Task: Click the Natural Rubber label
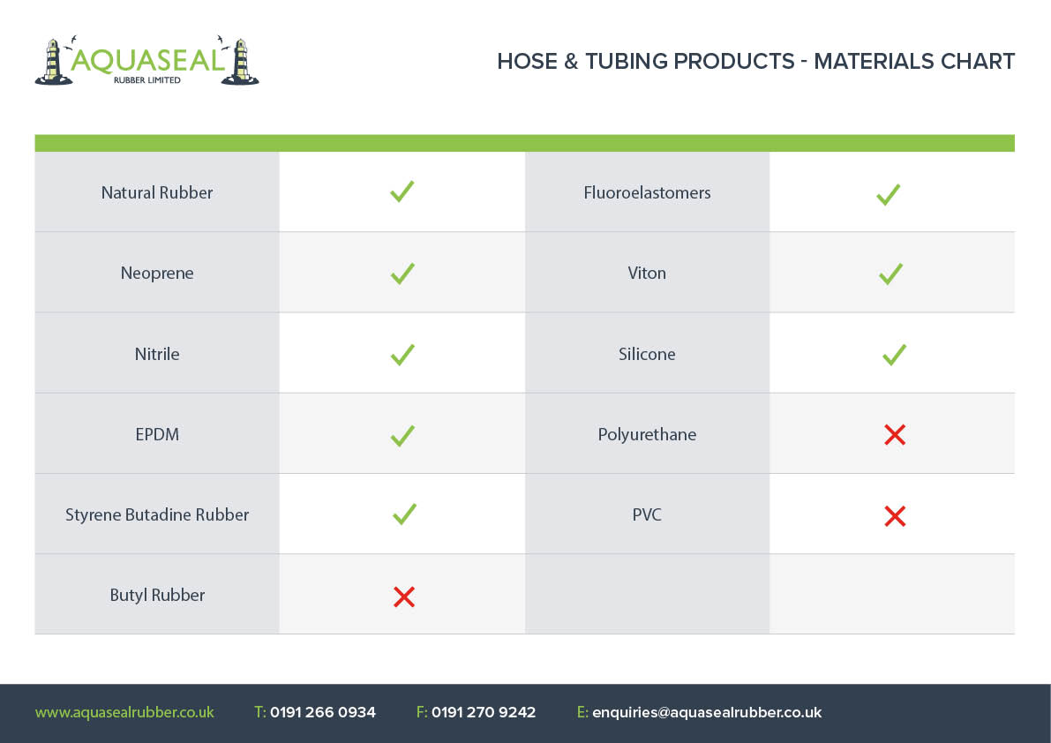coord(157,193)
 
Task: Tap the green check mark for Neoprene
coord(402,274)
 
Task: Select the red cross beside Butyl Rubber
coord(404,597)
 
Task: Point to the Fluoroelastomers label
coord(647,193)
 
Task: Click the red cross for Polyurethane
coord(895,435)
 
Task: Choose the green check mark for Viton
coord(890,274)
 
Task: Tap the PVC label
coord(647,514)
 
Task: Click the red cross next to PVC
coord(895,516)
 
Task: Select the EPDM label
coord(157,434)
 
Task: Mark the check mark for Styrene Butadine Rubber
coord(404,514)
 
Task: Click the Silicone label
coord(647,354)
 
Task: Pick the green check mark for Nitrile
coord(402,355)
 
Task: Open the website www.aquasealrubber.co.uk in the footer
coord(124,712)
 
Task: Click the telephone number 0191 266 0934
coord(323,712)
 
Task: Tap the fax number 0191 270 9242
coord(484,712)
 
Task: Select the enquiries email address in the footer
coord(707,712)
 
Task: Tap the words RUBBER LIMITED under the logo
coord(146,79)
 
